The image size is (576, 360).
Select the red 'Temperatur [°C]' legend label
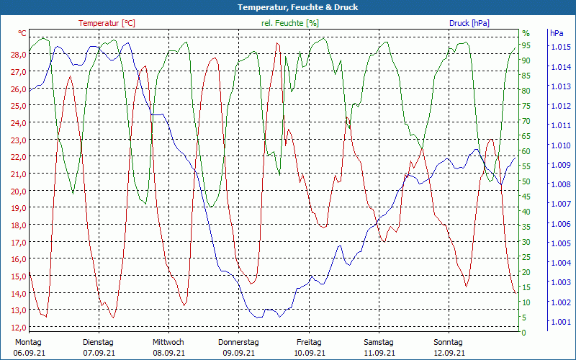(107, 23)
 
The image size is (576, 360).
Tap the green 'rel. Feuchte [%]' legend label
(289, 23)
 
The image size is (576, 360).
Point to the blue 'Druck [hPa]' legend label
(469, 23)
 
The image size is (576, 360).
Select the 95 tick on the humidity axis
(526, 45)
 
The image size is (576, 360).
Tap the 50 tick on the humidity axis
(526, 181)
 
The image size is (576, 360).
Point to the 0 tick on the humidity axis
(524, 333)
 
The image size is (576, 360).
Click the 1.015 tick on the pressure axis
(560, 48)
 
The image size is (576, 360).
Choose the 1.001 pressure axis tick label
(560, 322)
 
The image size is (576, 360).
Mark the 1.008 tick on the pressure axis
(560, 185)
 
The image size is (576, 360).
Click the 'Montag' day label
(28, 342)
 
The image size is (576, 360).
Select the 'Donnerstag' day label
(238, 342)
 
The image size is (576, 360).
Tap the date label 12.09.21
(449, 353)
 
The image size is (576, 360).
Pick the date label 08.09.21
(168, 353)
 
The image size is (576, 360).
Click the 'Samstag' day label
(379, 342)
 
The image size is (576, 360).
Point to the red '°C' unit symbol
(22, 33)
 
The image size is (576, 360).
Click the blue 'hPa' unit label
(557, 33)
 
